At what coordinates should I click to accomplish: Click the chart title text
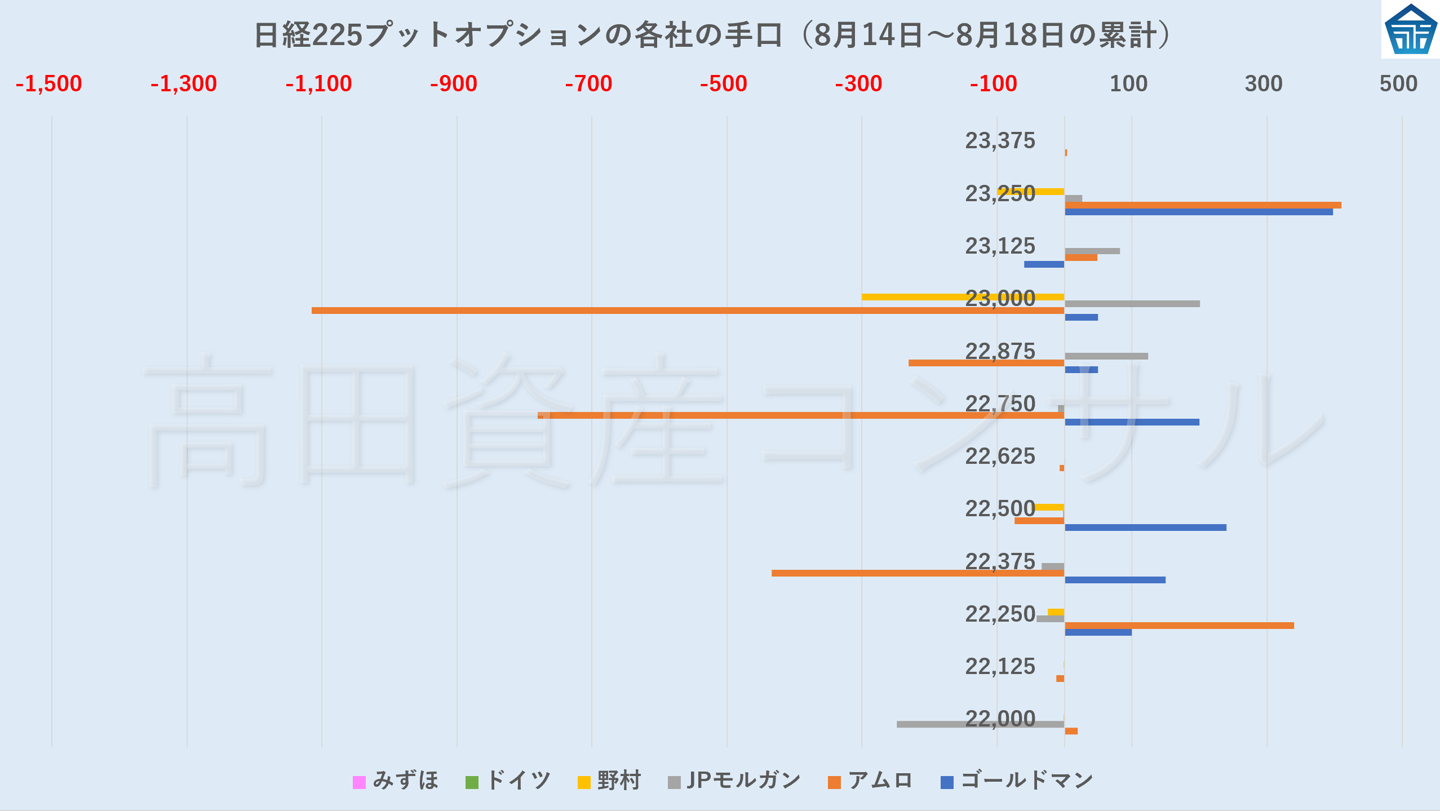713,35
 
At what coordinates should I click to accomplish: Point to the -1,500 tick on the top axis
48,84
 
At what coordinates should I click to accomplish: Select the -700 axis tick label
588,84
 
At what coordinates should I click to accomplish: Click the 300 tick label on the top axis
1263,84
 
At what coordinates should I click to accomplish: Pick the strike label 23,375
1000,141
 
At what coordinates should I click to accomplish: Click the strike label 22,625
1000,457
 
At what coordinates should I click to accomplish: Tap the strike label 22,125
1000,667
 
